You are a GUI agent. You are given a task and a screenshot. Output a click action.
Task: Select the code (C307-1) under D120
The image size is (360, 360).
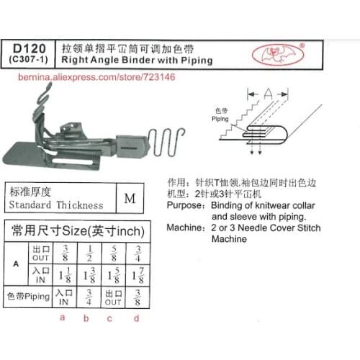point(28,60)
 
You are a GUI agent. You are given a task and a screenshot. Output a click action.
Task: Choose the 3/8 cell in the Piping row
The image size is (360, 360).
point(135,297)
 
